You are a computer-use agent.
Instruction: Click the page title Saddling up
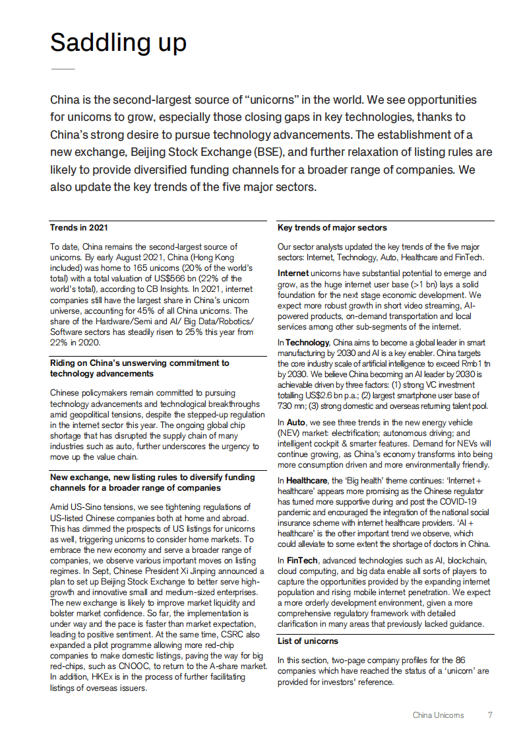(x=118, y=43)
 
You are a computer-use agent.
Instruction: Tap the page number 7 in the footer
(x=490, y=715)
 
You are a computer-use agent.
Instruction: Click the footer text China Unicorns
(x=438, y=715)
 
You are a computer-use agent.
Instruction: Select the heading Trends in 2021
(x=80, y=228)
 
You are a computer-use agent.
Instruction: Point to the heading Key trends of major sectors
(x=332, y=228)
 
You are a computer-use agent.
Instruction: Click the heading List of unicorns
(x=307, y=641)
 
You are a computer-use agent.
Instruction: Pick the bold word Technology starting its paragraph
(x=307, y=343)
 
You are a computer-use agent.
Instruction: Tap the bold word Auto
(x=297, y=422)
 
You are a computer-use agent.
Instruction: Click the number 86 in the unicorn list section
(x=461, y=660)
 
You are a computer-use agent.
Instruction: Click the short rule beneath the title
(x=63, y=69)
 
